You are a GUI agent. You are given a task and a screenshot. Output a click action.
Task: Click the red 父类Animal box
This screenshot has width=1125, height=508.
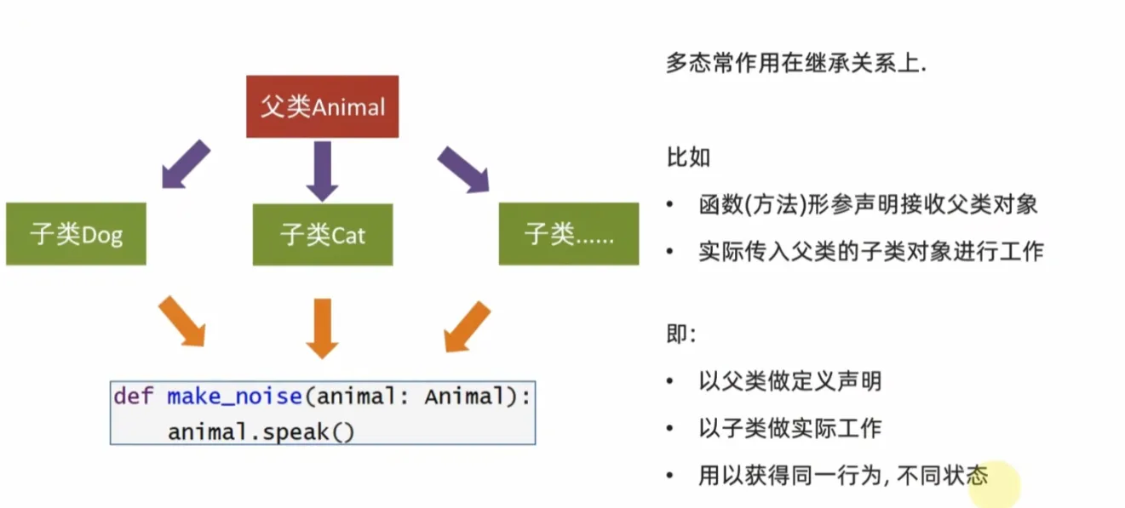pos(323,106)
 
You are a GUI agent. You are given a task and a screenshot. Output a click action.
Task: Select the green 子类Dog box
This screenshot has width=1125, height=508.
pos(77,234)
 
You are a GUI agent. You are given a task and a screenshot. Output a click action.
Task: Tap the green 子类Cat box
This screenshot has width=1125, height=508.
pos(323,234)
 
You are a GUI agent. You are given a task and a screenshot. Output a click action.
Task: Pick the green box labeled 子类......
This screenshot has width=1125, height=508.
pos(569,234)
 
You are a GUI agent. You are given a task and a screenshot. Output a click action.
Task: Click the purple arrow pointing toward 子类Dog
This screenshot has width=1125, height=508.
pos(185,164)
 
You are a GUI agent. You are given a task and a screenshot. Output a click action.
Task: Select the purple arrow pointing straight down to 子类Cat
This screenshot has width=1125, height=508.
pos(323,171)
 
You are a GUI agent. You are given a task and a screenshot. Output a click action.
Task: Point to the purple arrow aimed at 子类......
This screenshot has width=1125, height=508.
pos(464,169)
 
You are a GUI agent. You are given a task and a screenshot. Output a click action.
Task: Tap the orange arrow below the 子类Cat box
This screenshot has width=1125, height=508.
pos(323,328)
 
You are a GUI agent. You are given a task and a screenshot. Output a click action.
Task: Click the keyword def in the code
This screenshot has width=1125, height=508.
pos(133,397)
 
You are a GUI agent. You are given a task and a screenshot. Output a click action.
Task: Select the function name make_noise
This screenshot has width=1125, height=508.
pos(234,397)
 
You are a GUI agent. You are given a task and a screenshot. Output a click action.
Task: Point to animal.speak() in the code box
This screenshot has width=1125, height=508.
pos(261,432)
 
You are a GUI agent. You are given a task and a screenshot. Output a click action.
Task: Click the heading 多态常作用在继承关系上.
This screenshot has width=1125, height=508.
pos(796,63)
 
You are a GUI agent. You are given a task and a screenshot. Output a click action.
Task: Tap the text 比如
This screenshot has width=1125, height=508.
pos(689,157)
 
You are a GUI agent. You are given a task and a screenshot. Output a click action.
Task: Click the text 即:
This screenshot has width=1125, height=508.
pos(681,334)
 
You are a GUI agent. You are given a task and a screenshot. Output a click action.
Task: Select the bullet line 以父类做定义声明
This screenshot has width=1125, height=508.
pos(790,381)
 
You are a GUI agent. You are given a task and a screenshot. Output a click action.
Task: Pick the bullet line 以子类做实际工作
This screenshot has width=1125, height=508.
pos(790,428)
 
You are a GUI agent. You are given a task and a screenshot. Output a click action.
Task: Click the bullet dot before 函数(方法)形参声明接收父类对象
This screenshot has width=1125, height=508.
pos(670,204)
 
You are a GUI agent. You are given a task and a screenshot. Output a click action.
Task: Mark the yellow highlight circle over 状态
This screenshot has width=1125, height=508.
pos(995,484)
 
